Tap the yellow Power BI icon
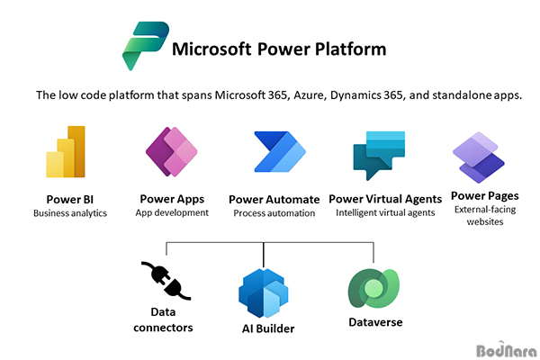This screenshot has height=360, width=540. [x=66, y=151]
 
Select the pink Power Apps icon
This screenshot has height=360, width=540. [x=172, y=151]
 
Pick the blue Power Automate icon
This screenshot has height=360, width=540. [x=280, y=151]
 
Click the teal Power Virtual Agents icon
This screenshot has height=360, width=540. [x=378, y=154]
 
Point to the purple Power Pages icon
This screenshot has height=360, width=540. [x=479, y=157]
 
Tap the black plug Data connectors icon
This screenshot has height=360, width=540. [x=166, y=281]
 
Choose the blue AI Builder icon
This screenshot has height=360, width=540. [x=264, y=293]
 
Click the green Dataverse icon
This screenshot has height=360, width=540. [x=374, y=288]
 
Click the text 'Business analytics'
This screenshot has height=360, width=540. [x=70, y=213]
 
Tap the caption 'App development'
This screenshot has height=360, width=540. [x=172, y=212]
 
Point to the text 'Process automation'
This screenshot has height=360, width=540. [x=274, y=213]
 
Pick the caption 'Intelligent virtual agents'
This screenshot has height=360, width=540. [x=385, y=213]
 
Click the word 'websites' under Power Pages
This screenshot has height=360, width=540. [x=485, y=221]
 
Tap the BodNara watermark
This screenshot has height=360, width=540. [x=506, y=350]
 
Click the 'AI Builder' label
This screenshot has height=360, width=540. [x=268, y=328]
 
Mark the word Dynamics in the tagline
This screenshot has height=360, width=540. [x=355, y=95]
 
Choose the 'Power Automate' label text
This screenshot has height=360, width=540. [x=274, y=200]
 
